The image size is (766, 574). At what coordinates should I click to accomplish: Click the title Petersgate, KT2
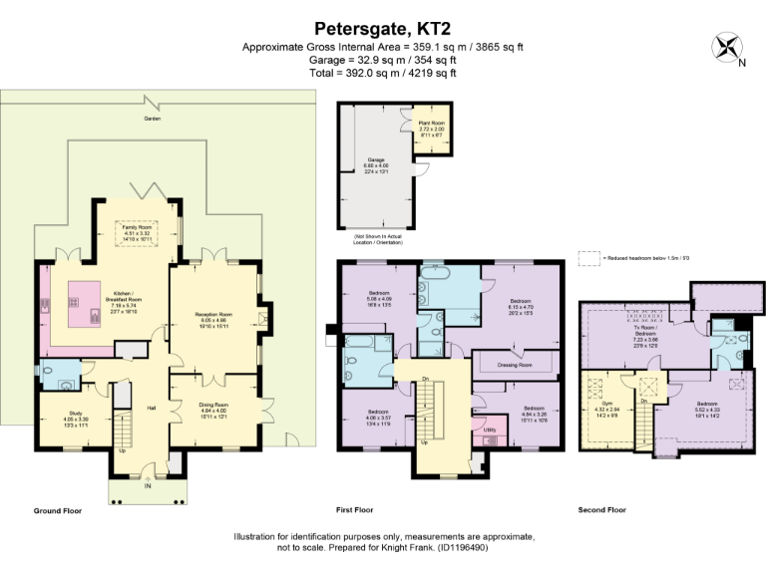[x=383, y=29]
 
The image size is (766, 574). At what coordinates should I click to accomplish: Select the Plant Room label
[x=430, y=125]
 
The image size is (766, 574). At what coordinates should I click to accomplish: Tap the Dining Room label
[x=212, y=405]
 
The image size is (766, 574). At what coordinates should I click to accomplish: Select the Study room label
[x=75, y=412]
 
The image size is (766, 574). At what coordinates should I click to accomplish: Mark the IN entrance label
[x=148, y=487]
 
